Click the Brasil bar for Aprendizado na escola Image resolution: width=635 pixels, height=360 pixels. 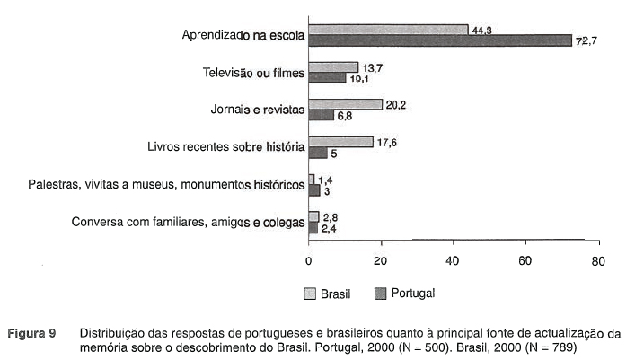388,30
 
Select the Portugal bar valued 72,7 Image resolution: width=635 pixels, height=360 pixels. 440,40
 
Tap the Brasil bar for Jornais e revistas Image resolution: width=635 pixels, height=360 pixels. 345,104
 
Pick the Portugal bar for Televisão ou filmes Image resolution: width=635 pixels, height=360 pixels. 327,78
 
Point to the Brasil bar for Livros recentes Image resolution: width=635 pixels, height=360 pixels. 340,142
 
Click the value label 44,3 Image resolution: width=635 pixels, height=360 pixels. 481,30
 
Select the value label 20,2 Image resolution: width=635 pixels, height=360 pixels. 397,104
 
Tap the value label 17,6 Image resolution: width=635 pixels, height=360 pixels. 388,142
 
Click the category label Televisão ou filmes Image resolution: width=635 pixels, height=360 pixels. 254,72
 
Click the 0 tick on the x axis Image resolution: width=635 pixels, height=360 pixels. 309,261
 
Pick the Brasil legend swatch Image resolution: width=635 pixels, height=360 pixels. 311,293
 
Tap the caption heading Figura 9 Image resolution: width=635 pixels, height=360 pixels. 33,333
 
